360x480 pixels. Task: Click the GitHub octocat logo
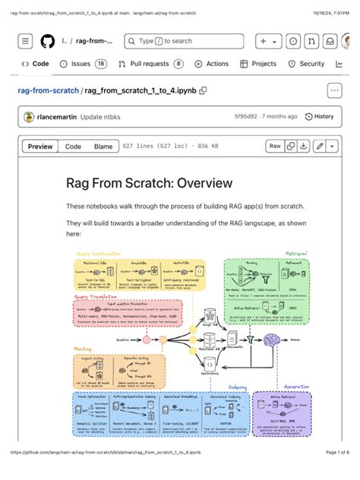point(47,41)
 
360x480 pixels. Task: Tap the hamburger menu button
point(26,41)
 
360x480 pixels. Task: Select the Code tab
point(35,65)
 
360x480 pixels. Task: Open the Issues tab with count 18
point(84,65)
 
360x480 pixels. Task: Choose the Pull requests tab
point(150,65)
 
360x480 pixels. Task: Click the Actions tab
point(211,65)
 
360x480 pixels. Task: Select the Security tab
point(306,65)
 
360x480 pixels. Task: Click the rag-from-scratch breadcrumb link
point(48,91)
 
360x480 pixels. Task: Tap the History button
point(319,117)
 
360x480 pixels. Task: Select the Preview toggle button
point(40,147)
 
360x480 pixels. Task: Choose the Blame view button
point(103,147)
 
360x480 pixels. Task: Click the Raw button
point(275,146)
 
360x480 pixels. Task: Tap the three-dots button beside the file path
point(334,91)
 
